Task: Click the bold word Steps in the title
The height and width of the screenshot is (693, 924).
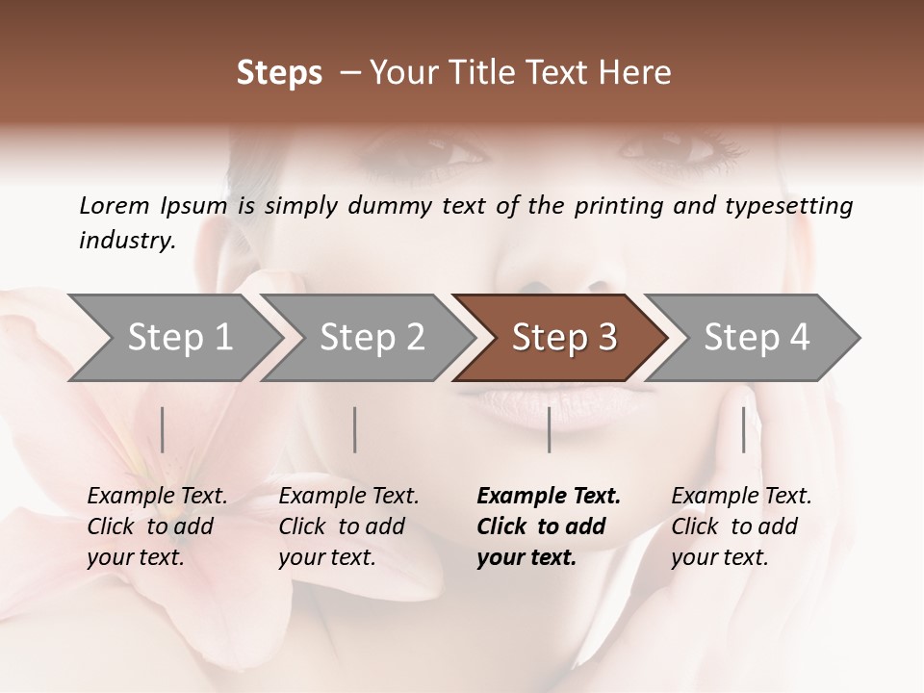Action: (x=279, y=73)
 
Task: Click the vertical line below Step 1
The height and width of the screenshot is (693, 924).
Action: (x=163, y=429)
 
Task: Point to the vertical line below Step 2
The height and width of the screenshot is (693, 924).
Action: (x=355, y=429)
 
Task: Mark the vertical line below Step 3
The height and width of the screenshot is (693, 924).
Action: (x=549, y=429)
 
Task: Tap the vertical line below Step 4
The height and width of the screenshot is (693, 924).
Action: (x=743, y=429)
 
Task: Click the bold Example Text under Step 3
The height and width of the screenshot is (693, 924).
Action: (x=549, y=497)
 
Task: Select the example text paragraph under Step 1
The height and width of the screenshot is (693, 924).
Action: (x=157, y=526)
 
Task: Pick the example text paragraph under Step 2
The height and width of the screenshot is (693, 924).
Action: (x=348, y=526)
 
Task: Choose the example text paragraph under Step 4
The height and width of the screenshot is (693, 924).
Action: (x=741, y=526)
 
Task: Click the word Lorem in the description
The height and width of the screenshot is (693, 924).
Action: (x=115, y=206)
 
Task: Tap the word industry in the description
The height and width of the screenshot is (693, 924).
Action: (x=127, y=241)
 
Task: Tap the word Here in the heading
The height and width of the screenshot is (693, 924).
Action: (x=636, y=73)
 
